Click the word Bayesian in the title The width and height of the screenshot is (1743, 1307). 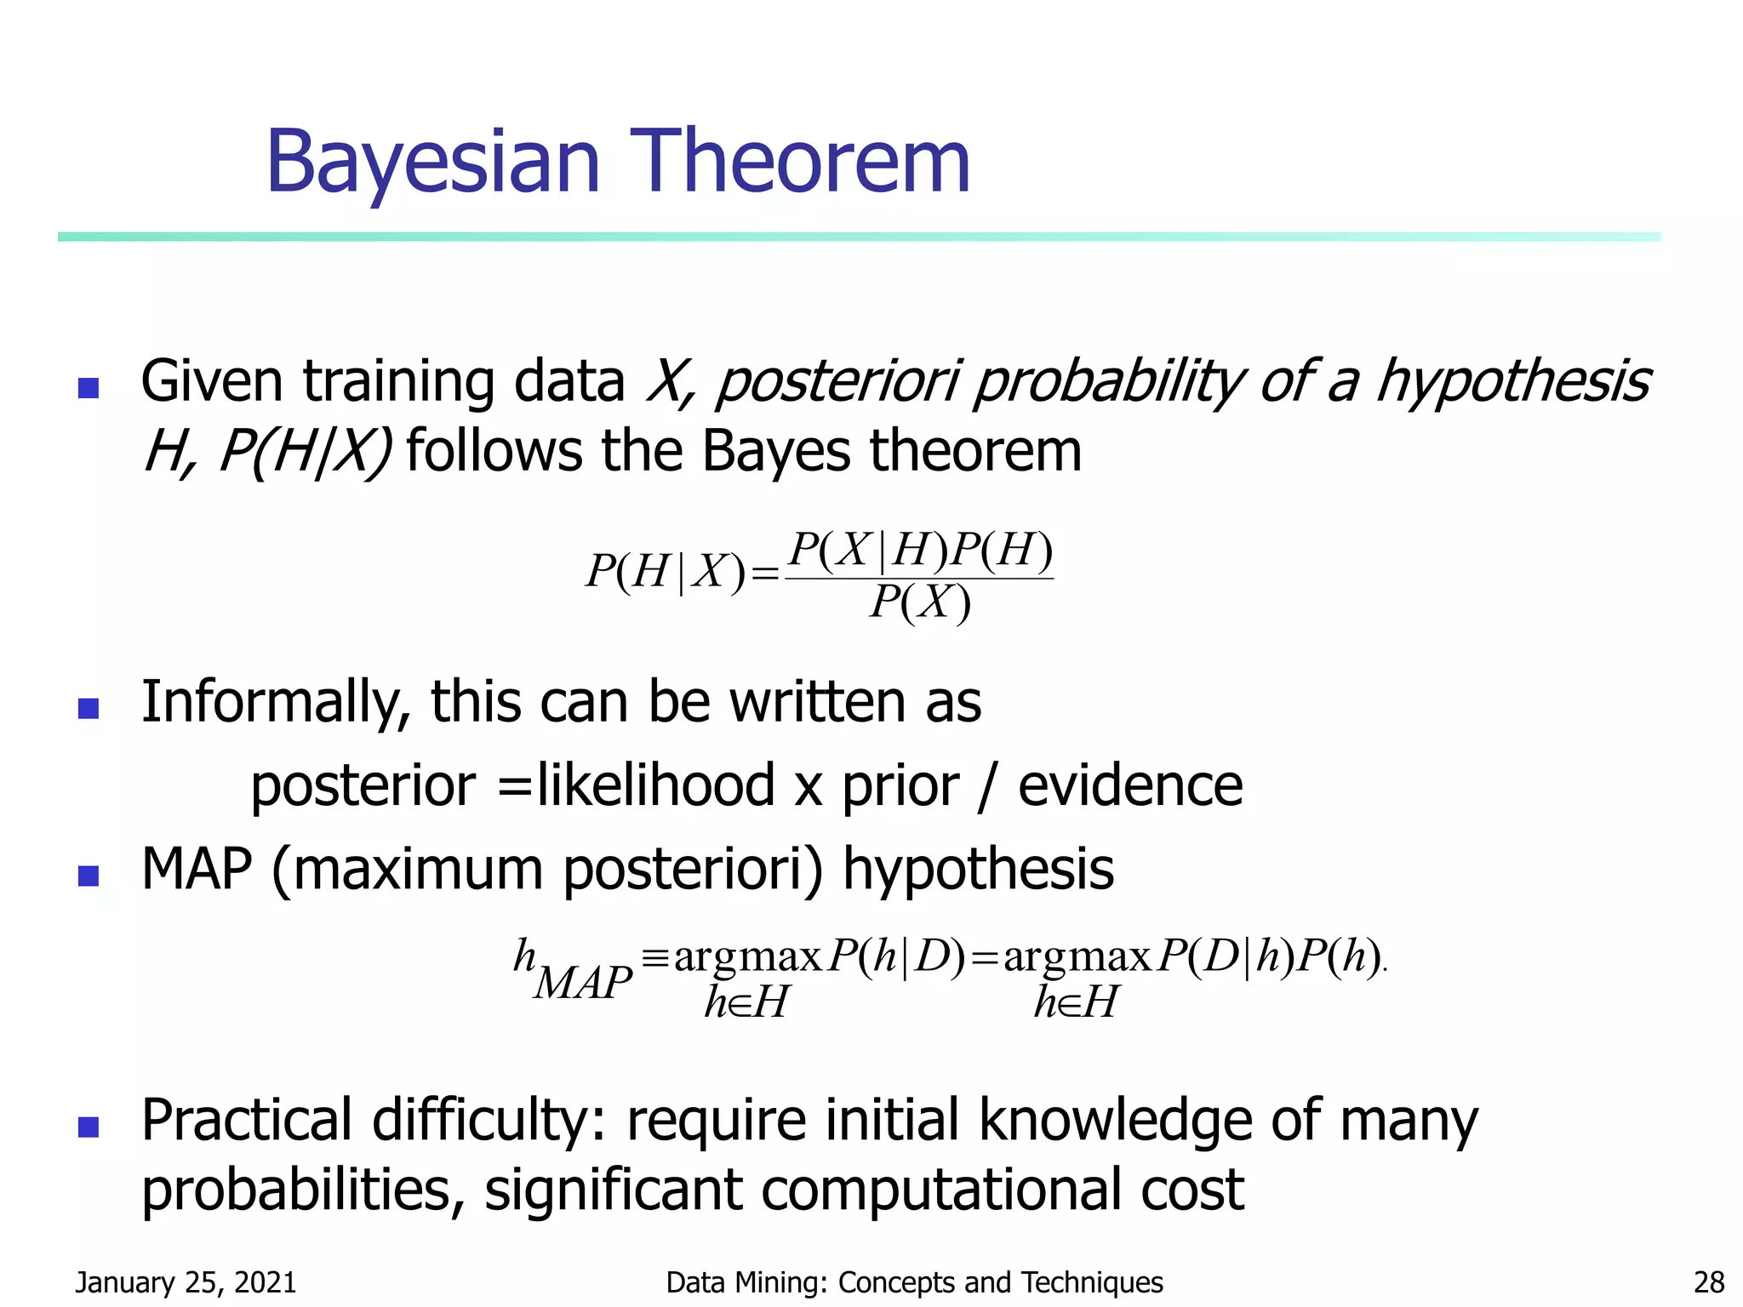[434, 162]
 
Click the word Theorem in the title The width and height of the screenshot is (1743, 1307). [799, 162]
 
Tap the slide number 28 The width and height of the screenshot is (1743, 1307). [1709, 1281]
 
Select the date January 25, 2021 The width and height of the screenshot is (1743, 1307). [186, 1281]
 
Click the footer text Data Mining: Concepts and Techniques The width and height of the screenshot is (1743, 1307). [914, 1281]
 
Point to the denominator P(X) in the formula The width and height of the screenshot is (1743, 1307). [920, 603]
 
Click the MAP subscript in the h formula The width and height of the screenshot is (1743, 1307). [584, 983]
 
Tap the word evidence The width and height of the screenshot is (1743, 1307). [1130, 785]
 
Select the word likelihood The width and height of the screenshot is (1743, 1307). [655, 785]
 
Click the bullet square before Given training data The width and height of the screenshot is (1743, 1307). [89, 388]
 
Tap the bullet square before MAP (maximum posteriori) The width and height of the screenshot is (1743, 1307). [89, 876]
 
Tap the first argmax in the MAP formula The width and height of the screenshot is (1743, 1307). [747, 957]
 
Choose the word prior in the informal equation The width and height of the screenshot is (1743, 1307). [900, 785]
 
